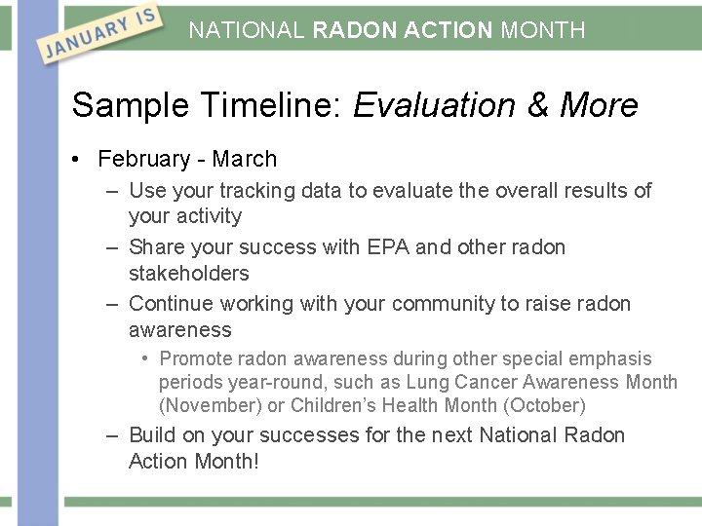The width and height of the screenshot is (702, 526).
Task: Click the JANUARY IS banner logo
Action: click(x=97, y=34)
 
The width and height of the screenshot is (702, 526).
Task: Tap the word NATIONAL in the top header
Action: click(x=247, y=30)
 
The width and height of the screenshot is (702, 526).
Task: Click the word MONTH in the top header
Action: click(x=543, y=30)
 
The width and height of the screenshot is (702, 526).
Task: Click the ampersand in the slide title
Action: click(x=537, y=105)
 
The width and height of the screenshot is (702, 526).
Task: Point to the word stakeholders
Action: click(x=188, y=273)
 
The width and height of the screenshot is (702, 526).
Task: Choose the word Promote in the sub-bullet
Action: click(x=194, y=358)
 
